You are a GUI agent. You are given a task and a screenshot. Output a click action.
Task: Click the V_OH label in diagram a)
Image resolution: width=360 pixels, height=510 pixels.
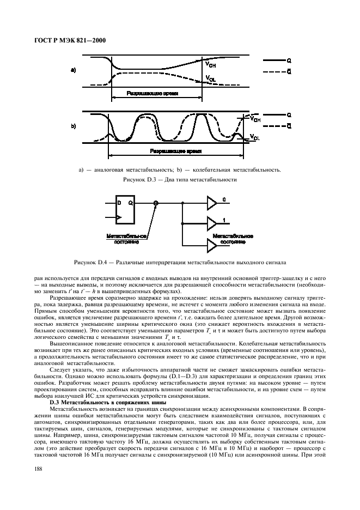pyautogui.click(x=211, y=65)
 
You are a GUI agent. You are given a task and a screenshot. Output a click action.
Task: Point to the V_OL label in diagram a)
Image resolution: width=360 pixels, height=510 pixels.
pyautogui.click(x=211, y=80)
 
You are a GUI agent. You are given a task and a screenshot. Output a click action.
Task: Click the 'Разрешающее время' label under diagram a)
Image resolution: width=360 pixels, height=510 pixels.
pyautogui.click(x=152, y=93)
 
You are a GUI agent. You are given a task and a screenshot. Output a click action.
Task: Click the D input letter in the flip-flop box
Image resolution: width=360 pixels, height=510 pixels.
pyautogui.click(x=119, y=202)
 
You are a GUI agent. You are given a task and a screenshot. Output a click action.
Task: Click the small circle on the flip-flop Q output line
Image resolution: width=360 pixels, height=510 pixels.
pyautogui.click(x=156, y=203)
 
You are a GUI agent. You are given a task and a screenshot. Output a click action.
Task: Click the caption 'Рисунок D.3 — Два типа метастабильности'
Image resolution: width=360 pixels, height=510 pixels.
pyautogui.click(x=180, y=179)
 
